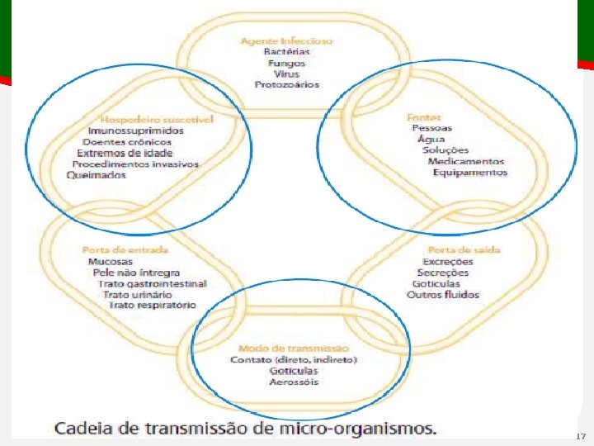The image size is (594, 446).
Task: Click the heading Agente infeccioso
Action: tap(286, 40)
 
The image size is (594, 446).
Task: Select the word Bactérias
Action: tap(286, 52)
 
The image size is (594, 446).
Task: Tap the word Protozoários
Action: tap(286, 84)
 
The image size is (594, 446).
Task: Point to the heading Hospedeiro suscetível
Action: tap(157, 120)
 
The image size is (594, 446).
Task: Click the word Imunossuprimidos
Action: tap(135, 130)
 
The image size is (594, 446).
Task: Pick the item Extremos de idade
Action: tap(125, 153)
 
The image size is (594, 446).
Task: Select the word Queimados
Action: tap(97, 175)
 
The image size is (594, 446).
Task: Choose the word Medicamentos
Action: tap(466, 162)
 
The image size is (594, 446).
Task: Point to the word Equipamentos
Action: tap(470, 173)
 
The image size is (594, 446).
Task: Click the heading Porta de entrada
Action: tap(125, 249)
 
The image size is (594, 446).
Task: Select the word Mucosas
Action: tap(111, 262)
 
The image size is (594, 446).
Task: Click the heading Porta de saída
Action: tap(464, 249)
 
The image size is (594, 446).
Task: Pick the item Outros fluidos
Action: tap(443, 295)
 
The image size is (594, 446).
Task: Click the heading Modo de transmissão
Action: tap(293, 349)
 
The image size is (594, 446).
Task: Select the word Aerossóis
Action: tap(293, 382)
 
